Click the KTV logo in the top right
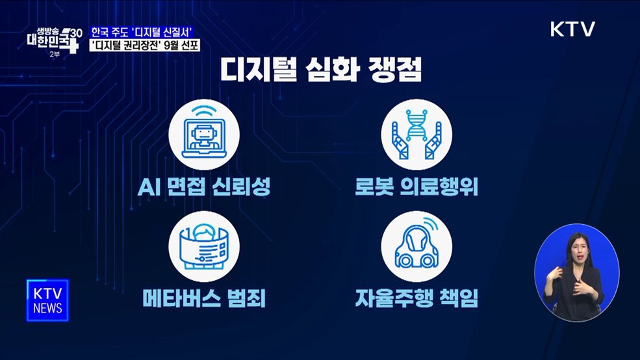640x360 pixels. [572, 29]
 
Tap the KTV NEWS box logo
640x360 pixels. [47, 300]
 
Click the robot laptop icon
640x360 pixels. [204, 135]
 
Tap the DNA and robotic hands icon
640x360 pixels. [416, 135]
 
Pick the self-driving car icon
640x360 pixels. [416, 247]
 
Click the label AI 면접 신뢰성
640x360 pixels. [204, 188]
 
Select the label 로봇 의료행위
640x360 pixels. [416, 188]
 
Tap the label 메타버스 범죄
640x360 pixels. [204, 300]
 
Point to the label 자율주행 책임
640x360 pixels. [416, 300]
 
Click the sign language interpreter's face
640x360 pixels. [577, 249]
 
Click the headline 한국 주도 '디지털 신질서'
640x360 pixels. [144, 32]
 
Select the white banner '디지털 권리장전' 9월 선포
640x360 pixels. [144, 45]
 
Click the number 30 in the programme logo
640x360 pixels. [75, 32]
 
